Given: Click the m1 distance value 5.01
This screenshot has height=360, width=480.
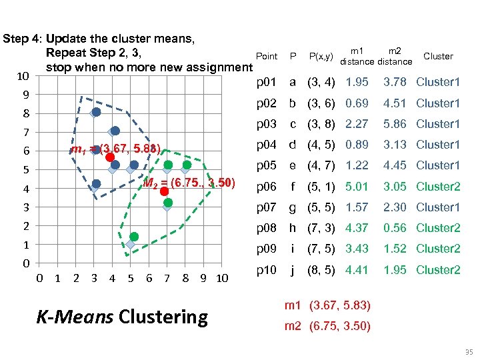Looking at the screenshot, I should [357, 187].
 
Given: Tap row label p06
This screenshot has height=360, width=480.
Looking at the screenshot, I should [267, 187].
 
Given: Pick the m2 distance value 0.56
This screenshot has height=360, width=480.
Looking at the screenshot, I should [394, 228].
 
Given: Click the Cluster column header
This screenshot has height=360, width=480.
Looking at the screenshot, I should [438, 57].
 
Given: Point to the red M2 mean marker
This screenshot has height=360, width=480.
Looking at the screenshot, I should [164, 191].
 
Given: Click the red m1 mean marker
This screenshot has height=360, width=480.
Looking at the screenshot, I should [109, 157].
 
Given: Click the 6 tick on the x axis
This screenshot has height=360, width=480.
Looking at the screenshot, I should [149, 278].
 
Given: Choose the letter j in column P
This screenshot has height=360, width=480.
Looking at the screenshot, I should [292, 270].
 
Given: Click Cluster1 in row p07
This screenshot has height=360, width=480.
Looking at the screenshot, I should [438, 207].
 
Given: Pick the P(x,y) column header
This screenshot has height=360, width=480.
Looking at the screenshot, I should [321, 57].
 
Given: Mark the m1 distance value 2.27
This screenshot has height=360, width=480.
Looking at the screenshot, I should [357, 124].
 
